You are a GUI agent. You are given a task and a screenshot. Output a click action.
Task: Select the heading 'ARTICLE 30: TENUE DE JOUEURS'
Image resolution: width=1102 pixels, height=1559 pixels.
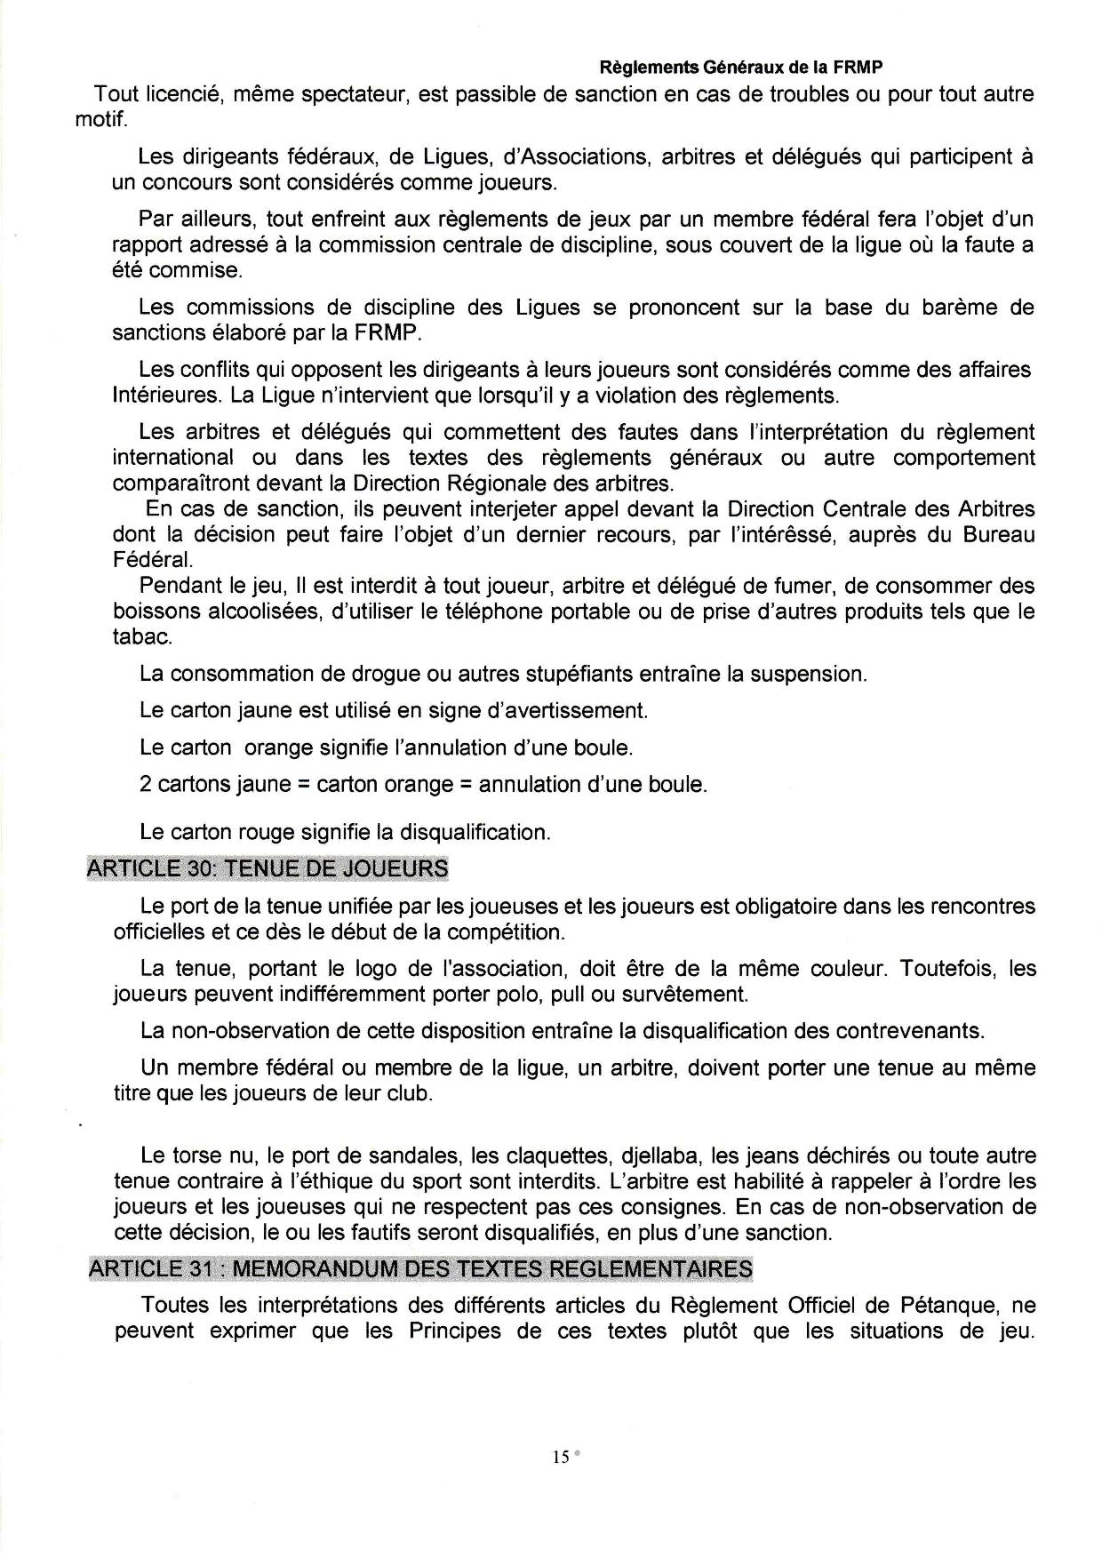click(x=268, y=868)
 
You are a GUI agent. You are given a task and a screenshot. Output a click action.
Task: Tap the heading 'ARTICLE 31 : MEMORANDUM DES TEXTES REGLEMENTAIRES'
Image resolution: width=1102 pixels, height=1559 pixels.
click(x=420, y=1268)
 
